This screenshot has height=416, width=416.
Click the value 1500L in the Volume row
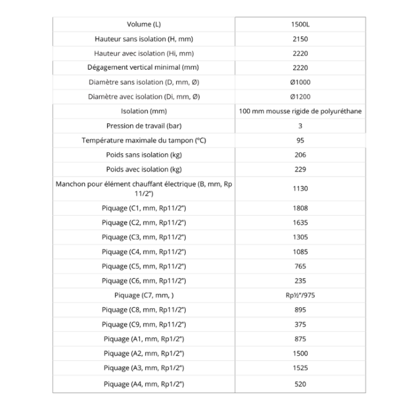point(300,25)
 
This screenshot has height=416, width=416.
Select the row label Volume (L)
point(144,25)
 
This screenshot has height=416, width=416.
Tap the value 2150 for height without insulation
point(300,40)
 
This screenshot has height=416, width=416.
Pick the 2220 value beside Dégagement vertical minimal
point(300,67)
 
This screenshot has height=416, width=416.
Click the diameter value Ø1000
point(300,82)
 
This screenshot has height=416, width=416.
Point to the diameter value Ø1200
point(300,96)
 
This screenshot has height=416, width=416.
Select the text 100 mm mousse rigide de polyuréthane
point(300,111)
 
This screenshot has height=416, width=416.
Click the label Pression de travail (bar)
point(144,126)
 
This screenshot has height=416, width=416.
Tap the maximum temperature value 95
point(300,141)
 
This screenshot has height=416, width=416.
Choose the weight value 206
point(300,155)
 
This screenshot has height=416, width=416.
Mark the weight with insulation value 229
point(300,169)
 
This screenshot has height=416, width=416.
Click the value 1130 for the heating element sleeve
point(300,188)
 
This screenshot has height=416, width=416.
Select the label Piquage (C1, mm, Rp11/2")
point(144,209)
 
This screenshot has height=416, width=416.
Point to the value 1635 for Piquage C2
point(300,223)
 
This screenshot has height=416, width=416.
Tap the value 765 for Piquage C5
point(300,267)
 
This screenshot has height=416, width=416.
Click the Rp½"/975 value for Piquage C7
point(300,296)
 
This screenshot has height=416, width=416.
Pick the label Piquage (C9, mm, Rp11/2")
point(144,325)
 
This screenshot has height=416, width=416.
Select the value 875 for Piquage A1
point(300,339)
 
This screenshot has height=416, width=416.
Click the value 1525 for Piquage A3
point(300,368)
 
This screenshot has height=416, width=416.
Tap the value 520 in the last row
point(300,384)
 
